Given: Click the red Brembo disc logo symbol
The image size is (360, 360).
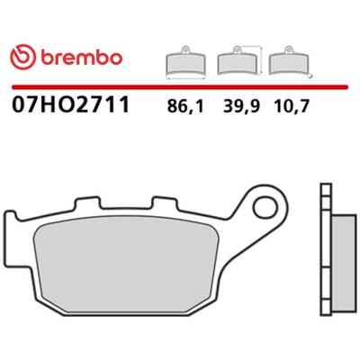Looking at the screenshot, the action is pos(22,57).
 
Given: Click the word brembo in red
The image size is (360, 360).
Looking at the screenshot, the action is pos(81,58).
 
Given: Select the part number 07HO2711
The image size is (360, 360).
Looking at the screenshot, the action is pos(70,104).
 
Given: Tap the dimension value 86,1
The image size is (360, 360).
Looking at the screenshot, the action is pos(185,106).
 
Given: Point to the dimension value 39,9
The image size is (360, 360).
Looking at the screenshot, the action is pos(241,106).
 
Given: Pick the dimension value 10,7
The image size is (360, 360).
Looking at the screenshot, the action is pos(291,106).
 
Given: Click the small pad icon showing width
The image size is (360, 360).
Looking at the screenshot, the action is pos(185,62).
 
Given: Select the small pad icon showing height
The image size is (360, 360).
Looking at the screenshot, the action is pos(237,60).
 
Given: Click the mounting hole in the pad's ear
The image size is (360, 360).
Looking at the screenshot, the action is pos(265,208).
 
